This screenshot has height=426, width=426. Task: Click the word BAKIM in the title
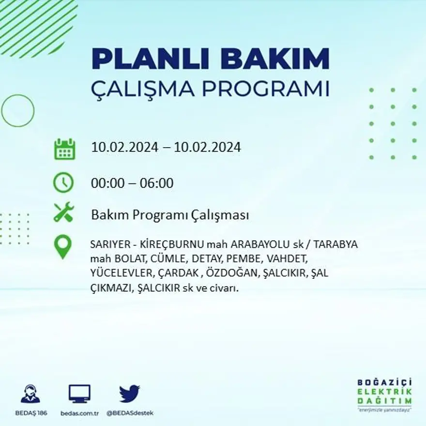(272, 59)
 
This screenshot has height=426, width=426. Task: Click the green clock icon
(63, 183)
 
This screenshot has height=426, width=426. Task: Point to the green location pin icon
(63, 247)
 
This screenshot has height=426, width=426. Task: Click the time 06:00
(156, 183)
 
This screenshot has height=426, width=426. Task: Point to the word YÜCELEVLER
(122, 274)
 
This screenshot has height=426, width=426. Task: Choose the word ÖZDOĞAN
(233, 274)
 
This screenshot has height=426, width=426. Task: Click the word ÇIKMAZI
(111, 288)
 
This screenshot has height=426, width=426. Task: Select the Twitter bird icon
(129, 393)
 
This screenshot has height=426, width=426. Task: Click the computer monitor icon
(79, 393)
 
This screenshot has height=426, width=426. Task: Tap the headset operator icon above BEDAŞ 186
(30, 393)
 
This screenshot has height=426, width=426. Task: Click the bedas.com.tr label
(80, 413)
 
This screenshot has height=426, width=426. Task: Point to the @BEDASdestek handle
(130, 413)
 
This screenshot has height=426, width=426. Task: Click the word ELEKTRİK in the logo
(384, 392)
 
